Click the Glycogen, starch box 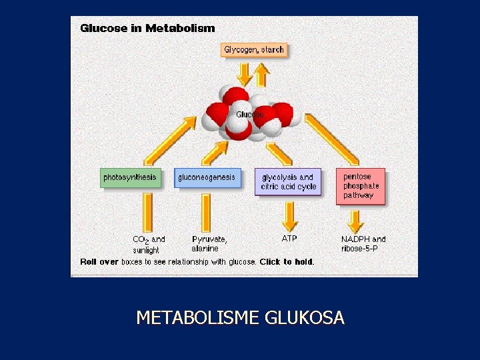point(254,50)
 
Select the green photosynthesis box point(130,178)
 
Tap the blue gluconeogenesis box point(207,178)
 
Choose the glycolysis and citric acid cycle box point(288,182)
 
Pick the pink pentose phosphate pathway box point(360,186)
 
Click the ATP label point(289,238)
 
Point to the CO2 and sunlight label point(148,244)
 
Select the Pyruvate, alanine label point(209,244)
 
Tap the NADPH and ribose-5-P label point(363,244)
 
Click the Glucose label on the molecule point(249,115)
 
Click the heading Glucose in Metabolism point(147,28)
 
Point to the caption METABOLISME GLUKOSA point(240,318)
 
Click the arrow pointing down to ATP point(289,215)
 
